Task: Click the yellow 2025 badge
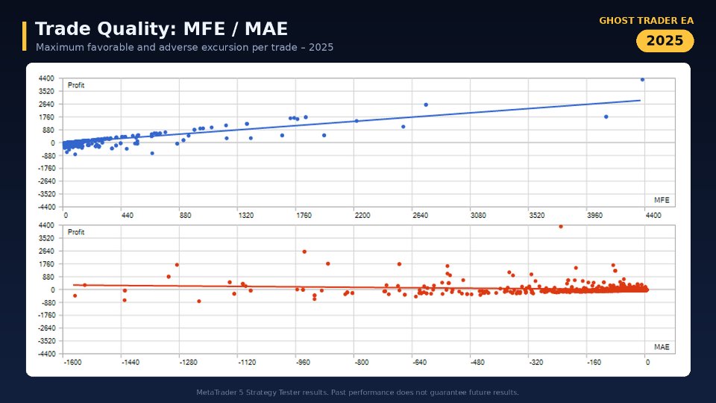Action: click(x=665, y=40)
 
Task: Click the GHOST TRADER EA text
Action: click(x=646, y=21)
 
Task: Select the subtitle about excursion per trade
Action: click(x=184, y=47)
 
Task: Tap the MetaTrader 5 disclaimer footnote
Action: click(x=357, y=392)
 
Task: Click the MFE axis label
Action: click(x=662, y=200)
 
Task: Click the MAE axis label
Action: click(x=662, y=347)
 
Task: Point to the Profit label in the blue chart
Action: click(x=76, y=85)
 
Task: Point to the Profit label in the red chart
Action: click(x=76, y=232)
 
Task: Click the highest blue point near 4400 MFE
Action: click(x=642, y=80)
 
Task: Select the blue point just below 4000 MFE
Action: click(x=606, y=117)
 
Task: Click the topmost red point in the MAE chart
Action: click(x=561, y=227)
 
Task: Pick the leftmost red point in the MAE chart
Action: click(x=75, y=296)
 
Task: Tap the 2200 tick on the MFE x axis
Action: click(x=362, y=215)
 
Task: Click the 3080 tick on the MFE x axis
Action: click(x=478, y=215)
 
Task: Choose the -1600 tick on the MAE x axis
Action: click(x=72, y=363)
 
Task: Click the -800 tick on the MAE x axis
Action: click(x=362, y=363)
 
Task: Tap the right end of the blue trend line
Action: click(x=640, y=100)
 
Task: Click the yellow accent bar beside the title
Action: click(x=24, y=36)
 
